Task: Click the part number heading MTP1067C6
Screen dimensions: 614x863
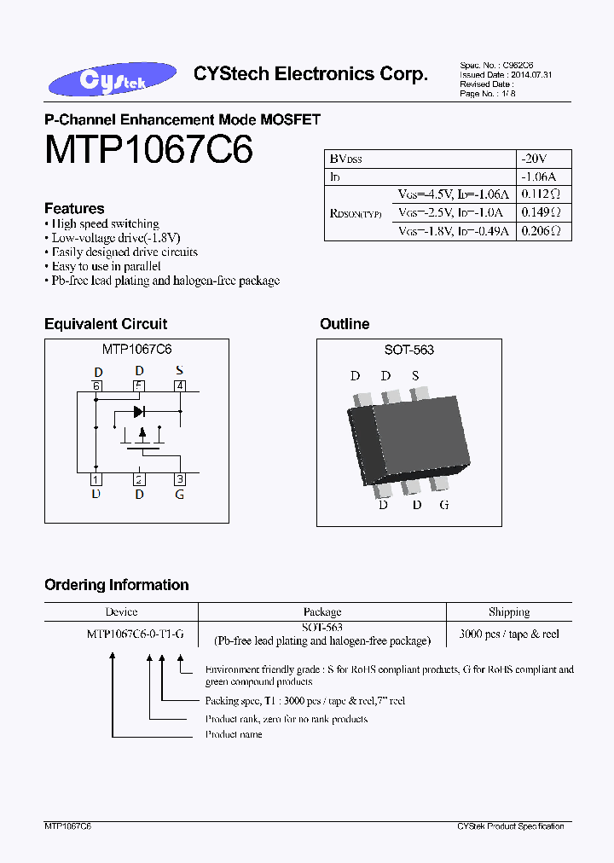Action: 148,150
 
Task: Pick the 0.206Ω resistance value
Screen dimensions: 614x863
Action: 541,231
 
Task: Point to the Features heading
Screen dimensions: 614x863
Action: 74,208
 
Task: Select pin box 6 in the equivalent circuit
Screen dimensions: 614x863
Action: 96,385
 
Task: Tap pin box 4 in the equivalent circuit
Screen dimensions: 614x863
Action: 179,385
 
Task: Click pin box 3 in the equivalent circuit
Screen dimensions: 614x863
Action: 179,479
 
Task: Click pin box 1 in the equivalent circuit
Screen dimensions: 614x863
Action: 96,479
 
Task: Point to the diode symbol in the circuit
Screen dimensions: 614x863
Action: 139,412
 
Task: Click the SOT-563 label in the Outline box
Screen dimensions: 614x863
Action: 408,350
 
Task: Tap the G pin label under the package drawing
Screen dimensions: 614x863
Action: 443,504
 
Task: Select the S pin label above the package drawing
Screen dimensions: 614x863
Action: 415,376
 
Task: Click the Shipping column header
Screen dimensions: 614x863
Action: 509,612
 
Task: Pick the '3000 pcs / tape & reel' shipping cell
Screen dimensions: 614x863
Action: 509,634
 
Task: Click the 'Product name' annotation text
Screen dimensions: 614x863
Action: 234,734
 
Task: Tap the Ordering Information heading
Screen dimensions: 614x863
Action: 116,585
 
